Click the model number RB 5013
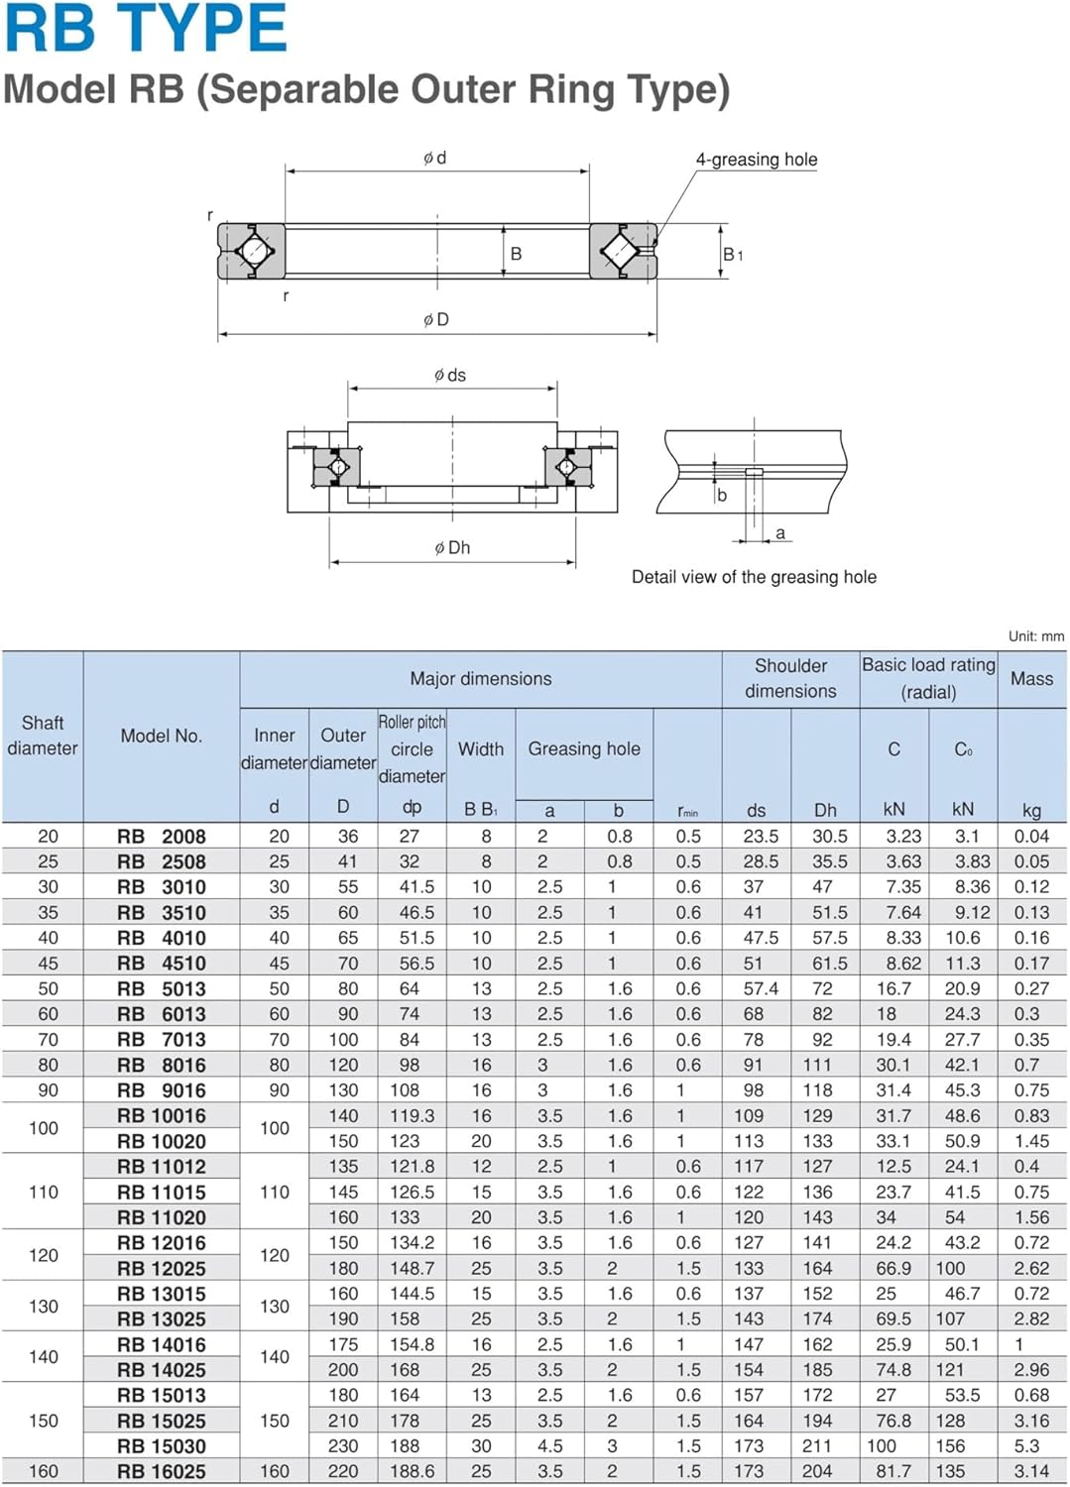162,988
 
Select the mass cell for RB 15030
1026,1445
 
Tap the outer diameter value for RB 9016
343,1090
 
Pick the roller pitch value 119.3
412,1115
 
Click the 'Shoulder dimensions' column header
790,678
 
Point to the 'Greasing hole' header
584,748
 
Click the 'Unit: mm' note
1035,636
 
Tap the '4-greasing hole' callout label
757,160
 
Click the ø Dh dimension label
451,547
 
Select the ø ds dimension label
449,375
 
